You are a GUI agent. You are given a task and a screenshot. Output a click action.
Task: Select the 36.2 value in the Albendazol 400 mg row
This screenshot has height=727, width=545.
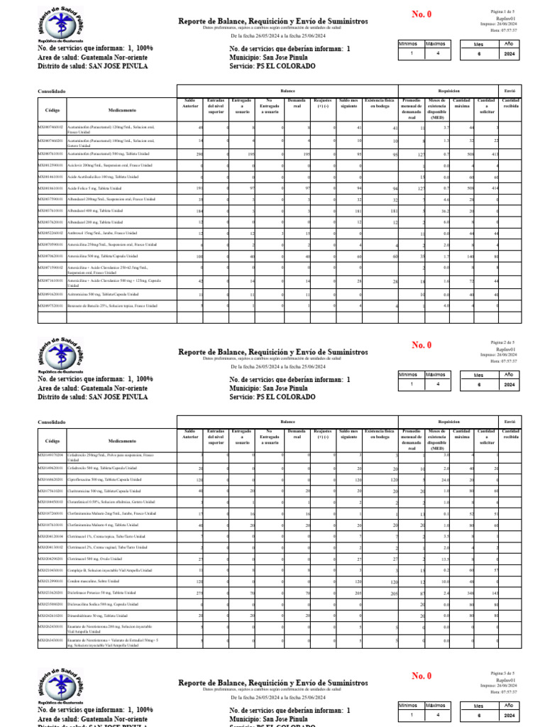[x=445, y=211]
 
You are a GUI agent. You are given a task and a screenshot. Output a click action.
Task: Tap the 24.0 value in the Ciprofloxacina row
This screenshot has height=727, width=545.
[x=445, y=480]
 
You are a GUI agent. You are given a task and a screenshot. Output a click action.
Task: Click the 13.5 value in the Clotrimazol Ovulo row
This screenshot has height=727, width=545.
[x=445, y=559]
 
